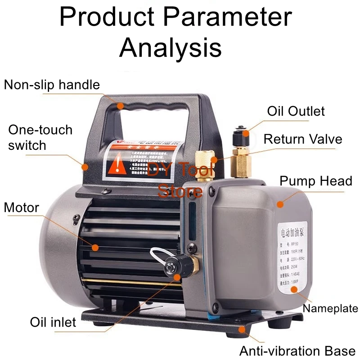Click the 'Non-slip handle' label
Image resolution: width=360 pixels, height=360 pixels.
tap(52, 85)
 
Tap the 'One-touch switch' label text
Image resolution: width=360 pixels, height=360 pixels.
tap(40, 137)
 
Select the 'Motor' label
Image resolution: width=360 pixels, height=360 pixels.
tap(22, 207)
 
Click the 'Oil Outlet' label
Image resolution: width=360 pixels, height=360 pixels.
tap(296, 111)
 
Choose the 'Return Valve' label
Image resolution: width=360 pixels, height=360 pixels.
tap(302, 139)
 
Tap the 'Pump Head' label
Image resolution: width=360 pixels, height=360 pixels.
tap(315, 181)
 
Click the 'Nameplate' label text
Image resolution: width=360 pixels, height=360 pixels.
tap(330, 308)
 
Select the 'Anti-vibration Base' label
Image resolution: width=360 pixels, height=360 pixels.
tap(297, 351)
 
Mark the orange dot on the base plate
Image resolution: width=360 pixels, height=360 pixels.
tap(243, 329)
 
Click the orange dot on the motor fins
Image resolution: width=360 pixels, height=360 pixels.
tap(95, 247)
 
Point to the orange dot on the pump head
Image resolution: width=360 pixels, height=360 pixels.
tap(280, 204)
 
